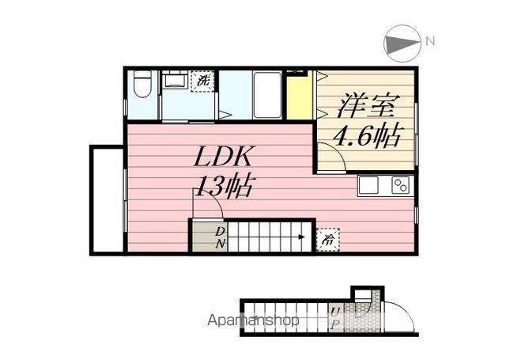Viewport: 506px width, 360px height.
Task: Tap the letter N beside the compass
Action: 429,40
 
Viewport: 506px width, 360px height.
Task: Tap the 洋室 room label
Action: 365,105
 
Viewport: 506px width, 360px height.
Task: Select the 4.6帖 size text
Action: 365,135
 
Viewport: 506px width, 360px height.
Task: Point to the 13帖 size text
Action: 224,188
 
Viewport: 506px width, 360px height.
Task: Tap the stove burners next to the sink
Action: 400,187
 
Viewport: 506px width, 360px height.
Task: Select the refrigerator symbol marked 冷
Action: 325,237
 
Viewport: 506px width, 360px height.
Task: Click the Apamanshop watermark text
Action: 253,321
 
